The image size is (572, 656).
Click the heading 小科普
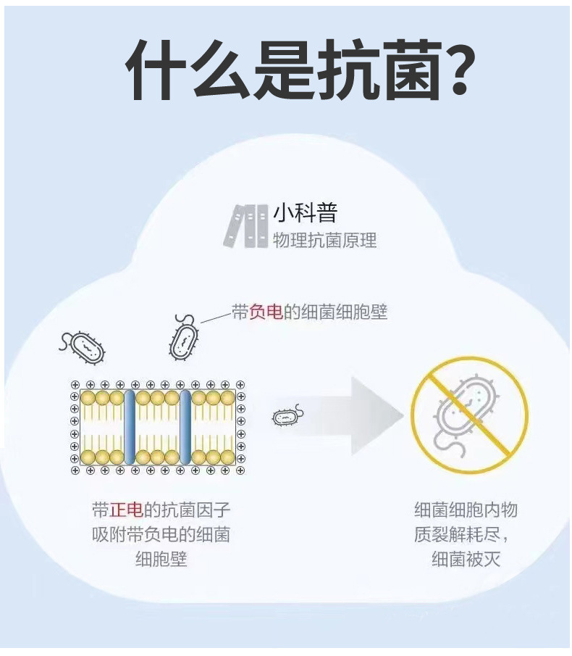306,213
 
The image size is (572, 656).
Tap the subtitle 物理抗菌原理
324,240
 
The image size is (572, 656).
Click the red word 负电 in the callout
266,312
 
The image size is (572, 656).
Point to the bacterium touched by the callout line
185,338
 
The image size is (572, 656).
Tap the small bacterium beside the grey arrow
287,417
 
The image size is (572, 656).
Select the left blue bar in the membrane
130,428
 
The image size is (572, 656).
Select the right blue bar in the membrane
185,428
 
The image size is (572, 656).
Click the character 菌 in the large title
403,71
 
